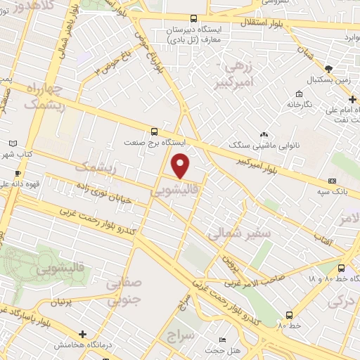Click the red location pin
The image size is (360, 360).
(181, 165)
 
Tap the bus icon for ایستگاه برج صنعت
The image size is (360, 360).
(154, 131)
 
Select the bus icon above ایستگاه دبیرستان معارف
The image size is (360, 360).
(194, 18)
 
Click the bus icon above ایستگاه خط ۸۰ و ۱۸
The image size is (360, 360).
(342, 268)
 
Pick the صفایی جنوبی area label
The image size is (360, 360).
(124, 290)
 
